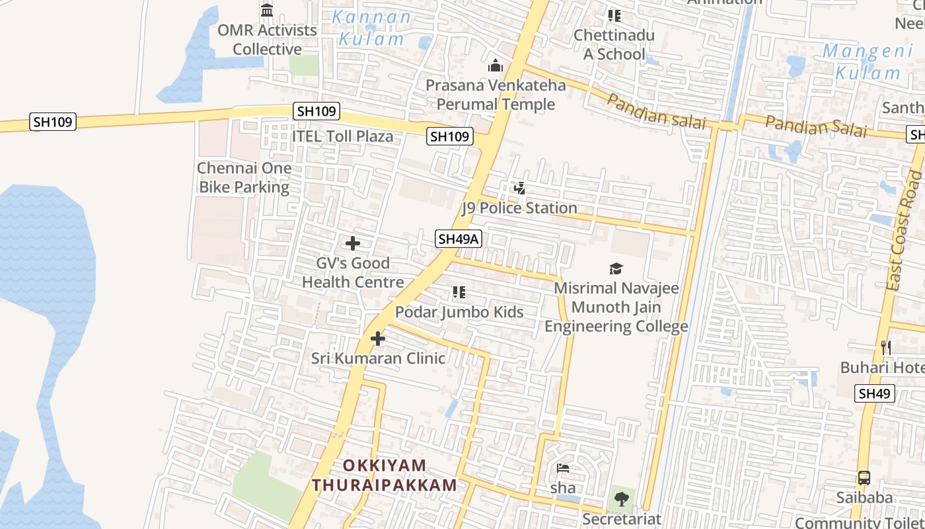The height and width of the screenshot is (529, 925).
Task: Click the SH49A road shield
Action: coord(458,239)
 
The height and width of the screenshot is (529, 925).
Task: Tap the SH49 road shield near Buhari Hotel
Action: coord(874,393)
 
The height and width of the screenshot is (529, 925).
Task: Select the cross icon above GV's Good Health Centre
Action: coord(353,243)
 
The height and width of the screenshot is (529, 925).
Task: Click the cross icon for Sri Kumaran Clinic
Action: coord(378,339)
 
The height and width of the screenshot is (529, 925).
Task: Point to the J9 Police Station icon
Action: coord(520,189)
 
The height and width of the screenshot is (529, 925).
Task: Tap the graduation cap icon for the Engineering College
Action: coord(616,268)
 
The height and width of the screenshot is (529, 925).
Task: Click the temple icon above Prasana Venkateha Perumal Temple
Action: coord(496,66)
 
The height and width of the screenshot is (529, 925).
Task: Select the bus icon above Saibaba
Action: coord(864,478)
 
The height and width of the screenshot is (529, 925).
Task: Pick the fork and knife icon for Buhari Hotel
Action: coord(886,347)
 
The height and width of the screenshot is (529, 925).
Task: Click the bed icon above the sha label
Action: coord(563,469)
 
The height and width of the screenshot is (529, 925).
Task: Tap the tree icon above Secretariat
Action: coord(621,499)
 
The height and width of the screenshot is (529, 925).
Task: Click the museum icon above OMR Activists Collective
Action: coord(267,11)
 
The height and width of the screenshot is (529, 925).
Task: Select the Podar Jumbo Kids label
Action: coord(459,312)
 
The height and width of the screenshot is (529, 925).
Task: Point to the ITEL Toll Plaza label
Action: coord(342,137)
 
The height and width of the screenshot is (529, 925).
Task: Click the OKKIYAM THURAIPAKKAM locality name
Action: coord(385,475)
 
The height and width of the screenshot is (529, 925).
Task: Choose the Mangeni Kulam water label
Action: coord(868,61)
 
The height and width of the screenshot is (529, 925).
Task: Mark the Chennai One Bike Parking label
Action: coord(244,177)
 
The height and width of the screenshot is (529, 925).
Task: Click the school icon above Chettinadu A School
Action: coord(614,16)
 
